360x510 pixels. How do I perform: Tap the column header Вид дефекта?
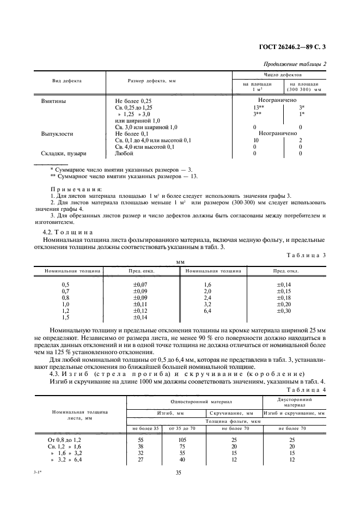click(67, 81)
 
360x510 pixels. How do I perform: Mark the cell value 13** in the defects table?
click(254, 107)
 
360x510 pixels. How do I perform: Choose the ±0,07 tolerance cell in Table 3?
click(141, 284)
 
